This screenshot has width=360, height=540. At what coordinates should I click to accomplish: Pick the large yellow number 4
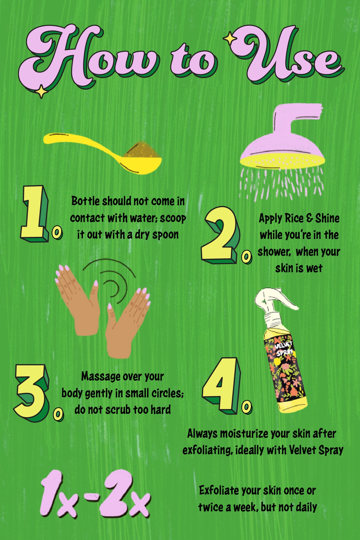pyautogui.click(x=221, y=384)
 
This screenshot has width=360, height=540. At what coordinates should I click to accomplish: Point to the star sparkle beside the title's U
pyautogui.click(x=230, y=38)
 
